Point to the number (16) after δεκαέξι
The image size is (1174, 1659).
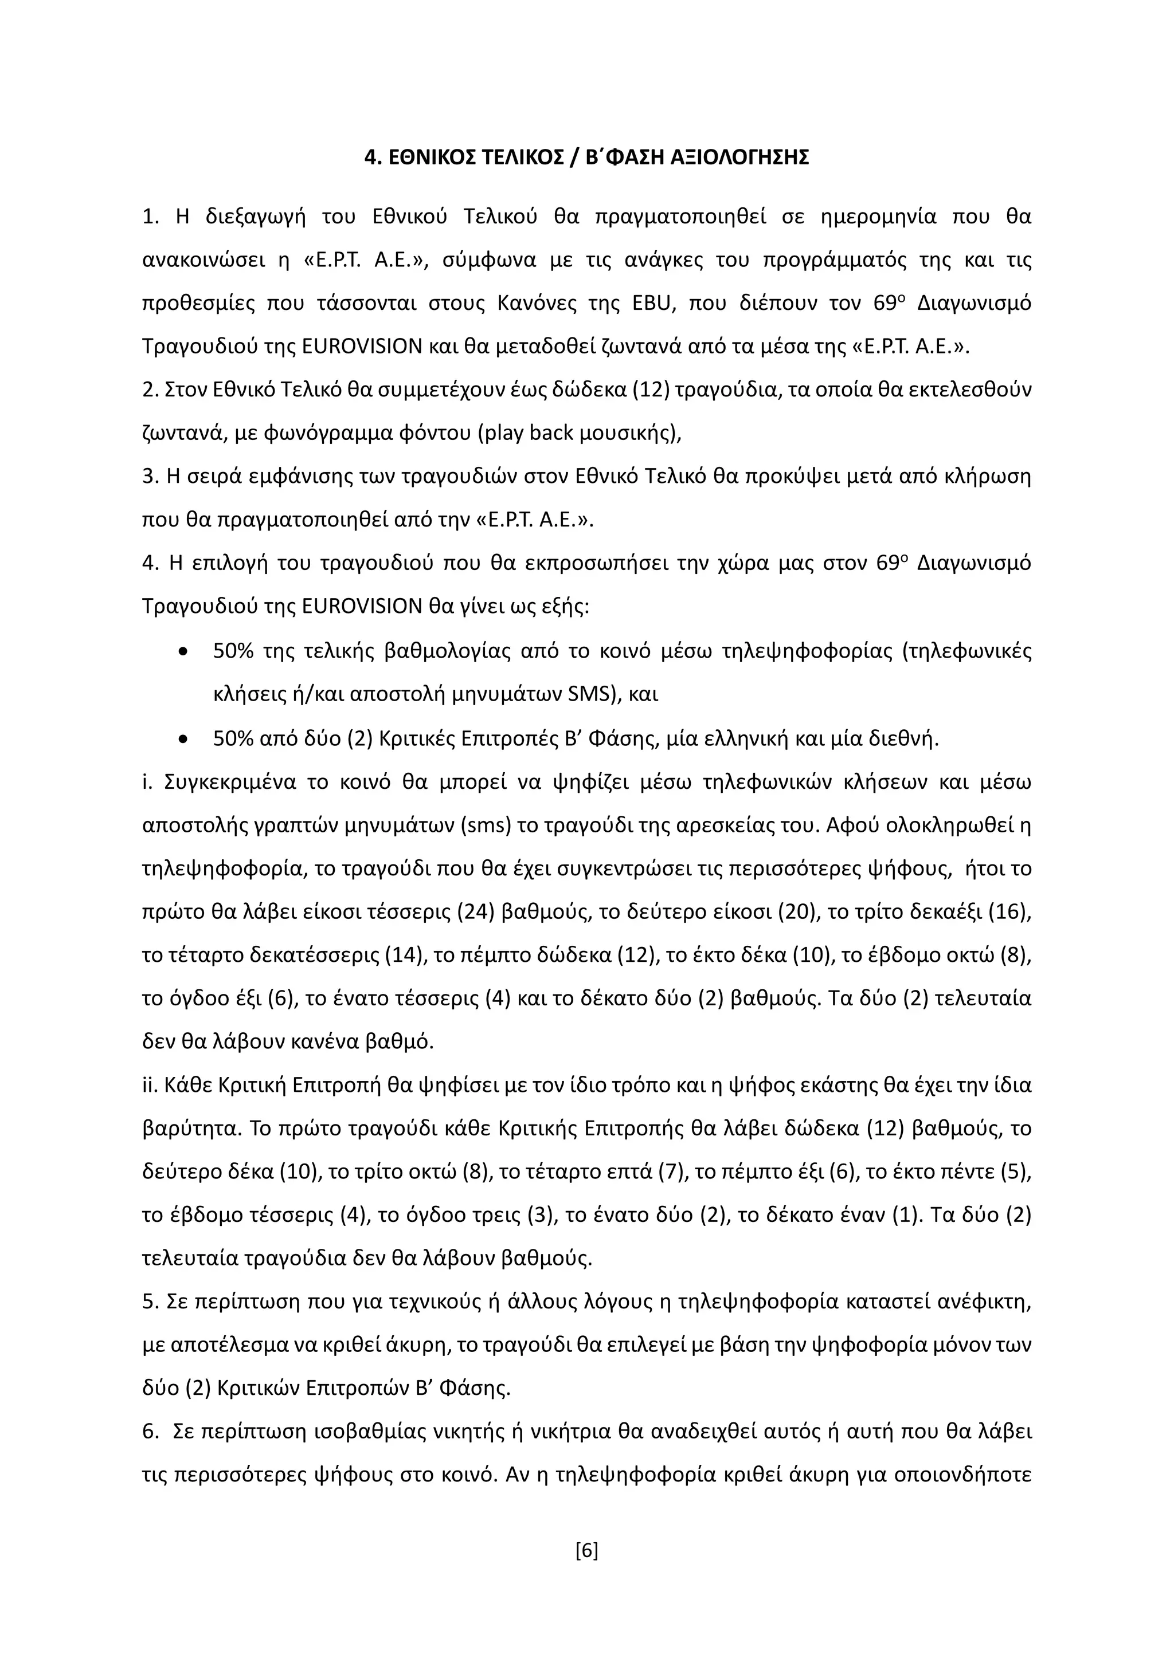(x=1009, y=912)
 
